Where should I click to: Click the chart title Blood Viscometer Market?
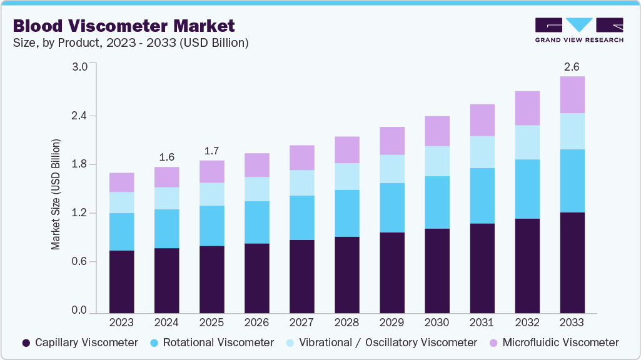124,26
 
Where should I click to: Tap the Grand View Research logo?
578,30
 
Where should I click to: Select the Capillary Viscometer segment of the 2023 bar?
121,281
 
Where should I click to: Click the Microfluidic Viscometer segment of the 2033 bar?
572,94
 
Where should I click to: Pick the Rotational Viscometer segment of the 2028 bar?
346,213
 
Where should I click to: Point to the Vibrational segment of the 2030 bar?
437,161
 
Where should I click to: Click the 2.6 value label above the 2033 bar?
572,67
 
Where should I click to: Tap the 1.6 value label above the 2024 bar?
166,157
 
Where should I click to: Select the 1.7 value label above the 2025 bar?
211,151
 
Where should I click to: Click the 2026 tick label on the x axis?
256,322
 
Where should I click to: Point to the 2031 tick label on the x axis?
482,322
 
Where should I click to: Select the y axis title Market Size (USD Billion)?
56,194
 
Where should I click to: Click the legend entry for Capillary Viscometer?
80,342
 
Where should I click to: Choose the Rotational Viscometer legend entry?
211,342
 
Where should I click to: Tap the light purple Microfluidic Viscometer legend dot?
493,342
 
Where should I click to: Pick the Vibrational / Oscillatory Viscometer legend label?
387,342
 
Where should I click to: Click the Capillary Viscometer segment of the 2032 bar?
527,266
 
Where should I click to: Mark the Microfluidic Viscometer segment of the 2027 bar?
301,157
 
